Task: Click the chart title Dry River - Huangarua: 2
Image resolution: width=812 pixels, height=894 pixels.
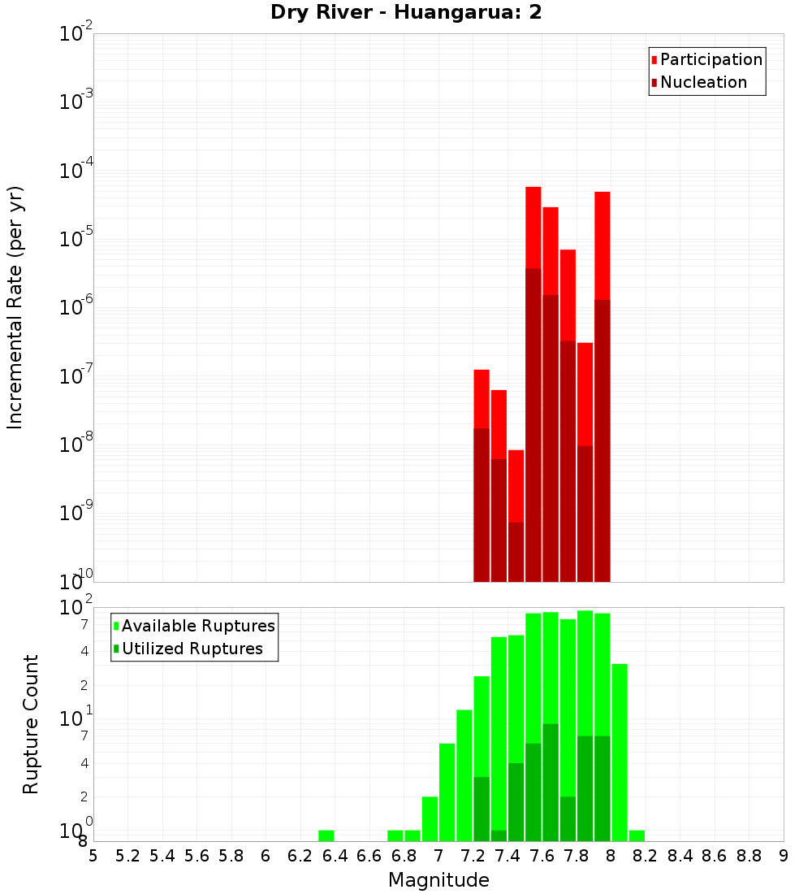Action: click(x=406, y=12)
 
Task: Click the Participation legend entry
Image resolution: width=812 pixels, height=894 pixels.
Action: click(x=710, y=60)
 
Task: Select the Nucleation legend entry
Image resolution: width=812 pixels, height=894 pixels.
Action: click(x=702, y=83)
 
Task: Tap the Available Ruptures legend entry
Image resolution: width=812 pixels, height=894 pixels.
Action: click(x=197, y=627)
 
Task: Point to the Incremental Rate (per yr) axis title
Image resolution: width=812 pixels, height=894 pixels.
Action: click(x=15, y=307)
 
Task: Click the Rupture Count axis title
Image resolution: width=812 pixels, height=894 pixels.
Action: click(x=31, y=724)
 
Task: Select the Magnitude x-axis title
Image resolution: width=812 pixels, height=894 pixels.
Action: click(x=438, y=880)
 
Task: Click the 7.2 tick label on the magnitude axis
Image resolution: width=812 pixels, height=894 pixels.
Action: click(x=473, y=856)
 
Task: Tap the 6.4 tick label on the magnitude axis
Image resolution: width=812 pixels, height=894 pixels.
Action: click(x=335, y=856)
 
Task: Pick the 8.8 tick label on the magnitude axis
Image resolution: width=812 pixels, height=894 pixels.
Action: click(x=749, y=856)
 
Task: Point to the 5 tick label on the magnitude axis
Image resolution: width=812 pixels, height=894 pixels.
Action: click(x=93, y=856)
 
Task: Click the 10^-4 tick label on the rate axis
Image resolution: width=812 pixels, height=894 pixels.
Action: click(x=76, y=171)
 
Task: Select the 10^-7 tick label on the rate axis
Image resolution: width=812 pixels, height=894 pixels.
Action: click(x=76, y=376)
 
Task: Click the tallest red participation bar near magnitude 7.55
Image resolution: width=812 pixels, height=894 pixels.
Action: click(x=533, y=228)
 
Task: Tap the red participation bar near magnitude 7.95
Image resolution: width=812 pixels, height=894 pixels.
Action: click(x=603, y=244)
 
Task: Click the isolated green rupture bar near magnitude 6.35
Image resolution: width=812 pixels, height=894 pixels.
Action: click(x=326, y=835)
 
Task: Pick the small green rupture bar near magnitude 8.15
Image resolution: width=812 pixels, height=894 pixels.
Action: click(x=637, y=835)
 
